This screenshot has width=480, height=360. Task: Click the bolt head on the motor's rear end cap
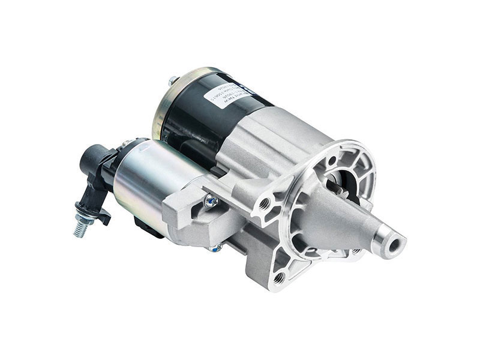[172, 80]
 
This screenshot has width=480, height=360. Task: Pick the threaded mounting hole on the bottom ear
[278, 278]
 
